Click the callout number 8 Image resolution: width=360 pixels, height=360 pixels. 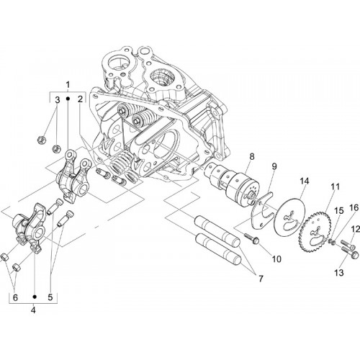click(x=252, y=157)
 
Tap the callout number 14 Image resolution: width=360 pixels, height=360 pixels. click(x=303, y=181)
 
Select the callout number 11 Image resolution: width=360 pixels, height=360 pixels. click(x=336, y=186)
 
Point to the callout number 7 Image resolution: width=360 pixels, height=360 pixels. click(x=261, y=279)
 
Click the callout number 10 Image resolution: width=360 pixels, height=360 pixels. click(x=276, y=259)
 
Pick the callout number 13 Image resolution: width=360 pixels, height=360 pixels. click(x=339, y=273)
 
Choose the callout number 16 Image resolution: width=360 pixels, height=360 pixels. click(x=355, y=207)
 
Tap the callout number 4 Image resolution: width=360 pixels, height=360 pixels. click(x=33, y=310)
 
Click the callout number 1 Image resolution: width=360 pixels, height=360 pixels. click(x=68, y=84)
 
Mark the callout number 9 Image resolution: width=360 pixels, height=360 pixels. click(x=274, y=166)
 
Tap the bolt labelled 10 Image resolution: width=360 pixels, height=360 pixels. click(x=251, y=238)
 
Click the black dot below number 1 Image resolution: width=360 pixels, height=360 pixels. click(x=68, y=99)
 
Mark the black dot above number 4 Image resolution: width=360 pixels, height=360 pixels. click(x=35, y=297)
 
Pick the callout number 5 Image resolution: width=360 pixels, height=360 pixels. click(x=50, y=297)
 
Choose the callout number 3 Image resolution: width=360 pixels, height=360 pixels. click(x=57, y=100)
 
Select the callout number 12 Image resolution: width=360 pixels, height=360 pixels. click(x=356, y=230)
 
